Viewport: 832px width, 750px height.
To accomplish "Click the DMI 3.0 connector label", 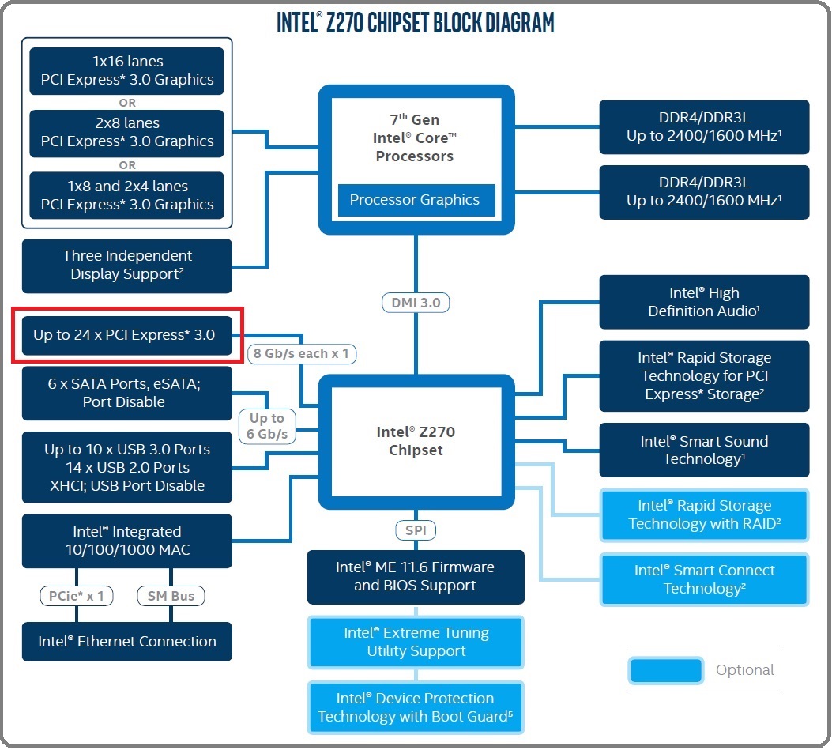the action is (x=416, y=303).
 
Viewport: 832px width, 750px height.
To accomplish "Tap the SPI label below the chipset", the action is (x=416, y=530).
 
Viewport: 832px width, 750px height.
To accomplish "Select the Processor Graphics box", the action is (x=416, y=200).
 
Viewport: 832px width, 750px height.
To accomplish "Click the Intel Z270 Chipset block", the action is (x=416, y=441).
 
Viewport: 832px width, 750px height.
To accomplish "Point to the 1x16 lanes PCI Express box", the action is (x=127, y=70).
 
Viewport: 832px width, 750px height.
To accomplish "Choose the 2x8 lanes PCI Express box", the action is (x=127, y=133).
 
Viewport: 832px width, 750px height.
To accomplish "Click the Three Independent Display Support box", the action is (x=127, y=266).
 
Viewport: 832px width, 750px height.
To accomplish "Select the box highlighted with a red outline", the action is (x=127, y=335).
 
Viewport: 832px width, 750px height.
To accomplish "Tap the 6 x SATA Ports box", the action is (x=127, y=393).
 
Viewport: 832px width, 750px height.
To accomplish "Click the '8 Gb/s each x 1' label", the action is (x=301, y=353).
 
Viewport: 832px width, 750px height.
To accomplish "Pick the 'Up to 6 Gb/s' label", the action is (x=267, y=426).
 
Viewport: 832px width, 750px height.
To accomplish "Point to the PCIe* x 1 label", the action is (x=77, y=596).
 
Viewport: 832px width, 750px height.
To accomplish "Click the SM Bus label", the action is (x=171, y=596).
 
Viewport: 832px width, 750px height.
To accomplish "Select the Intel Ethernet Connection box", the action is (x=127, y=641).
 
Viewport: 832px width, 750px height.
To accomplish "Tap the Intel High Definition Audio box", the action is (x=704, y=302).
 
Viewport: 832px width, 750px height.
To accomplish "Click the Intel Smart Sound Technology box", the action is (x=704, y=450).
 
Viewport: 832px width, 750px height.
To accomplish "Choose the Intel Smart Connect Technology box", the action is (x=704, y=579).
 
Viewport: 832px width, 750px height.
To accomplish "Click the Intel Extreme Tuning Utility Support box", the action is (x=416, y=642).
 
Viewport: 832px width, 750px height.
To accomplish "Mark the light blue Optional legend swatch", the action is (x=666, y=670).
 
